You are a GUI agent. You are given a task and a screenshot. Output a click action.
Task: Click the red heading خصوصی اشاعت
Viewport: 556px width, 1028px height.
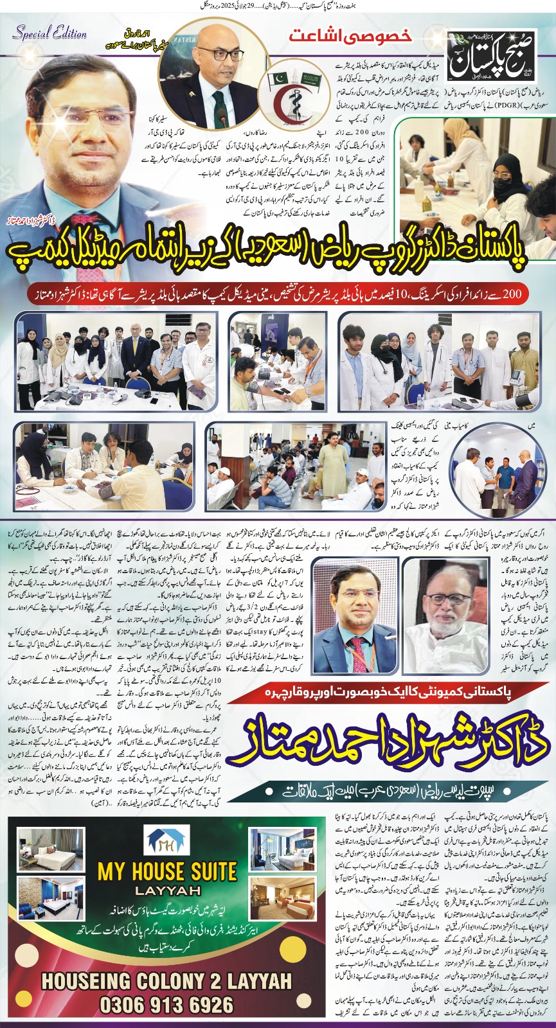350,35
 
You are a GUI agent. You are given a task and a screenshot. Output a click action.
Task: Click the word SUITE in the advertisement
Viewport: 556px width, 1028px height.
203,872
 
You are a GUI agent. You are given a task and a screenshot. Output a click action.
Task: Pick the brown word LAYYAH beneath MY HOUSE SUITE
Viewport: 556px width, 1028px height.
166,891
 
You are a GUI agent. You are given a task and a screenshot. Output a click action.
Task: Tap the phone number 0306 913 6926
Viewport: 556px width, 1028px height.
166,1004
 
